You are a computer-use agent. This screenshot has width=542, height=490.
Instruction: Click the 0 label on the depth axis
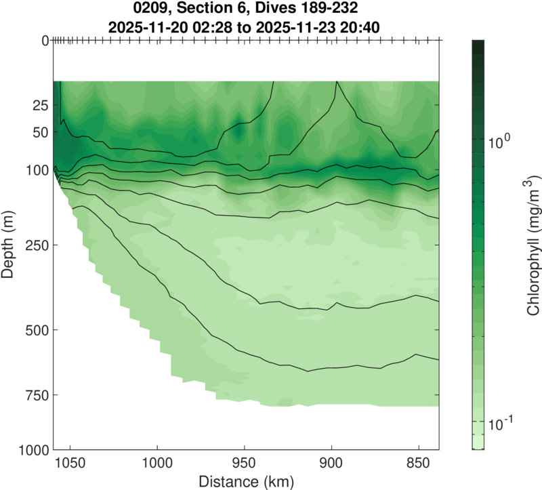click(x=45, y=40)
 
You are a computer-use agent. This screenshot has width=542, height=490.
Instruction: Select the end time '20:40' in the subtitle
click(x=364, y=28)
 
